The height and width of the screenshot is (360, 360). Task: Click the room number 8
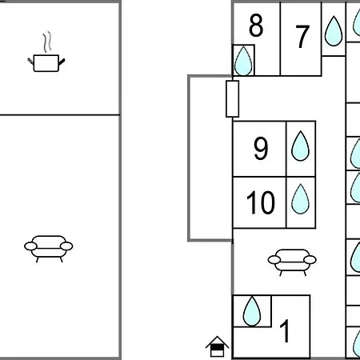[256, 26]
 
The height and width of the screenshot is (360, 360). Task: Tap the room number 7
[302, 37]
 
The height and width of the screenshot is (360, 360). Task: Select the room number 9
[261, 148]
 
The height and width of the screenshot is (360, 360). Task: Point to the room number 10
[261, 202]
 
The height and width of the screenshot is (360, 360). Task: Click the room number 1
[285, 330]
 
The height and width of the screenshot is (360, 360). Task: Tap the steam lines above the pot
[47, 42]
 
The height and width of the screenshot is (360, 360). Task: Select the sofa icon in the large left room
[49, 249]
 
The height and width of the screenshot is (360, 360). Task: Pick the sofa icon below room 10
[292, 262]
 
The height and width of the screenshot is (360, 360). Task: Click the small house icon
[217, 346]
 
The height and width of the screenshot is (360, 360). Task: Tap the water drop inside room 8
[243, 61]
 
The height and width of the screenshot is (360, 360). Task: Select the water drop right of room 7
[334, 31]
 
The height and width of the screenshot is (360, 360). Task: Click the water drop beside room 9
[301, 146]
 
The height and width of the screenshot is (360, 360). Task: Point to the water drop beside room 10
[301, 199]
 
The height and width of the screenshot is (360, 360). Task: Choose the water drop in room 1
[252, 311]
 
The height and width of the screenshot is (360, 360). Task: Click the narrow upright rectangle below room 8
[233, 99]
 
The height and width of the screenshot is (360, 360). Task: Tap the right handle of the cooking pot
[62, 62]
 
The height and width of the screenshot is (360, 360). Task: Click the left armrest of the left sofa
[30, 246]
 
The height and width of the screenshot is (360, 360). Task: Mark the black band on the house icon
[217, 347]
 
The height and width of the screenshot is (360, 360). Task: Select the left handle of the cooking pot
[30, 61]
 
